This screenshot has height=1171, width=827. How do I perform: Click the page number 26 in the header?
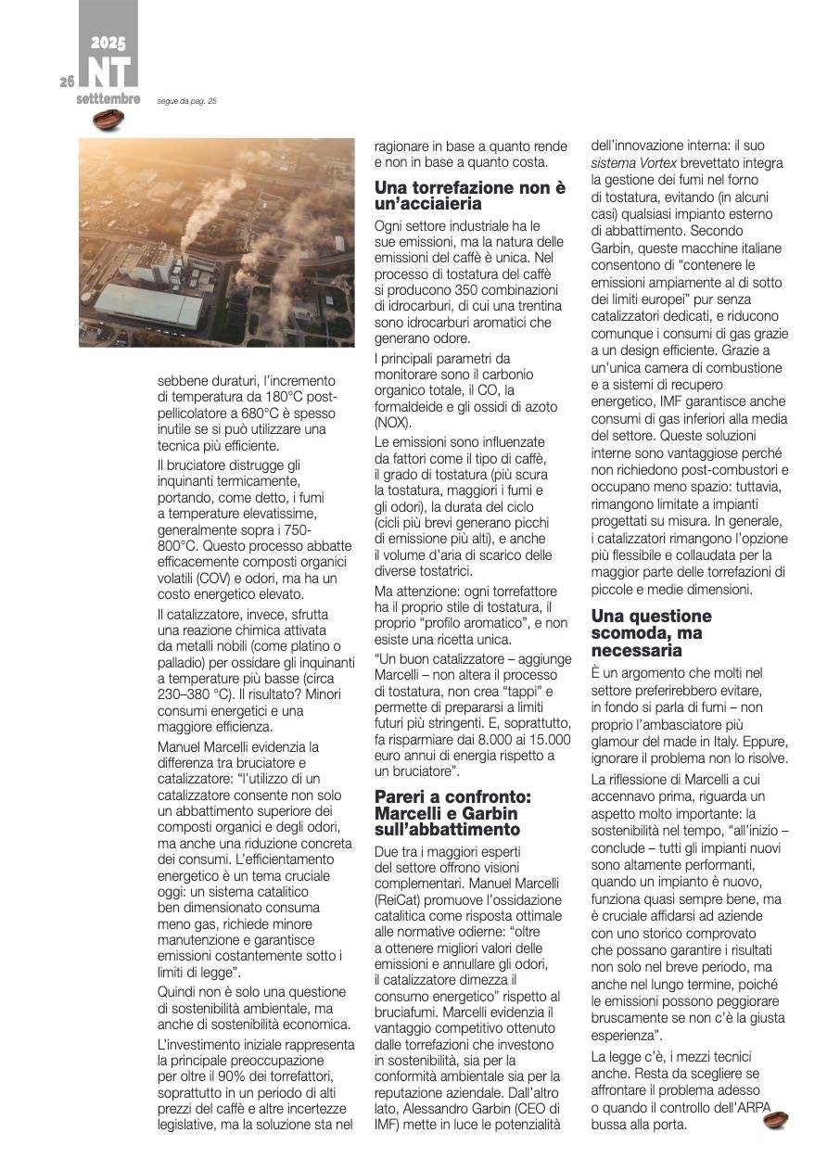pyautogui.click(x=67, y=82)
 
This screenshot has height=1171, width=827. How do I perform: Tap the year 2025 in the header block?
pyautogui.click(x=108, y=43)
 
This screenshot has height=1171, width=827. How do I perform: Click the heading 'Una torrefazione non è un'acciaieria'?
pyautogui.click(x=469, y=195)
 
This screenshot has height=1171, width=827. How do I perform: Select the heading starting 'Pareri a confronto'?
pyautogui.click(x=464, y=812)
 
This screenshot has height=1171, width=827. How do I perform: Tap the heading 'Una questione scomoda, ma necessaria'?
pyautogui.click(x=651, y=633)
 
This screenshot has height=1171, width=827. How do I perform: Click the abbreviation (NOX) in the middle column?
pyautogui.click(x=394, y=423)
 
